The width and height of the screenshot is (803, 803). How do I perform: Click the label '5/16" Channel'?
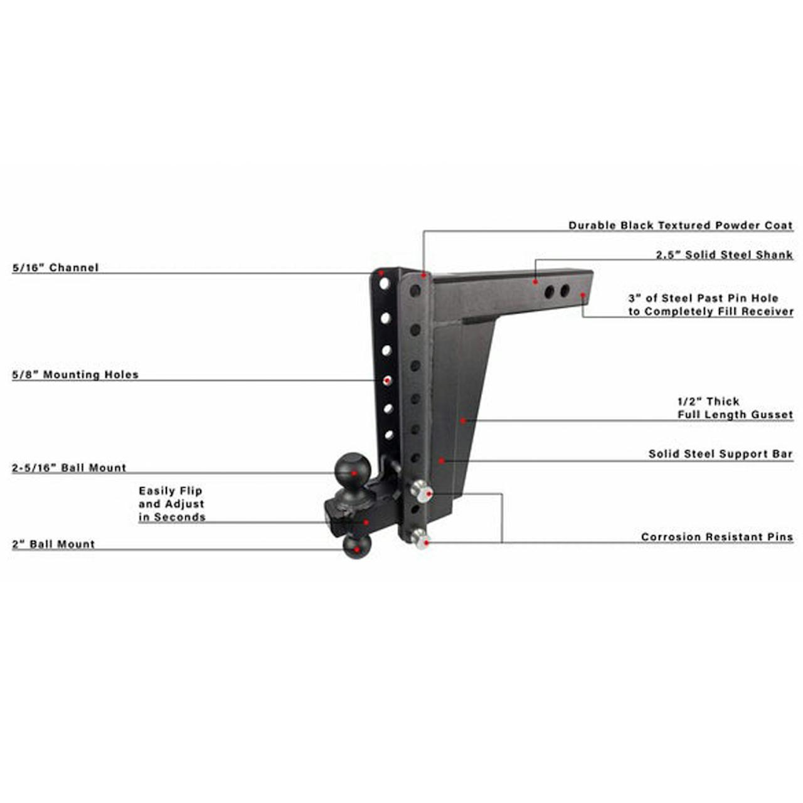[55, 267]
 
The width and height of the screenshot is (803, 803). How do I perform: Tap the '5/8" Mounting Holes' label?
[75, 375]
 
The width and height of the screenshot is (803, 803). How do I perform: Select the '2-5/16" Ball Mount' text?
[69, 467]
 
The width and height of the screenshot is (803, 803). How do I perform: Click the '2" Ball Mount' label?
[53, 544]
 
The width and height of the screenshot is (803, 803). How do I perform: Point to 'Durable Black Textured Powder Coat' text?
[681, 225]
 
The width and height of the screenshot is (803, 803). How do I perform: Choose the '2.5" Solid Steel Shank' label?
[724, 255]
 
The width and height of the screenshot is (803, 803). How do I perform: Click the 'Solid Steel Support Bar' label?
[720, 454]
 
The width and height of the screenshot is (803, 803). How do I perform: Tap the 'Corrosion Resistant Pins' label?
[717, 537]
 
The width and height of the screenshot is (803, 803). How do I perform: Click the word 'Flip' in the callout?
[191, 491]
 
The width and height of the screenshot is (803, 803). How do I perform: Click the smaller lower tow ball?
[357, 546]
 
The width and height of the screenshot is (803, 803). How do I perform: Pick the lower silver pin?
[420, 539]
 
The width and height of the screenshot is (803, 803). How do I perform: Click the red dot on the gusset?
[462, 421]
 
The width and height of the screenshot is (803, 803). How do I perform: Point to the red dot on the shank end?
[583, 295]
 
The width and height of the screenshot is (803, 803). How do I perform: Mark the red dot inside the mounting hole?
[388, 380]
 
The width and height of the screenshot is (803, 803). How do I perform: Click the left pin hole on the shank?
[549, 292]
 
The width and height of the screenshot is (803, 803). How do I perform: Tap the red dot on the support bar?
[441, 460]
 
